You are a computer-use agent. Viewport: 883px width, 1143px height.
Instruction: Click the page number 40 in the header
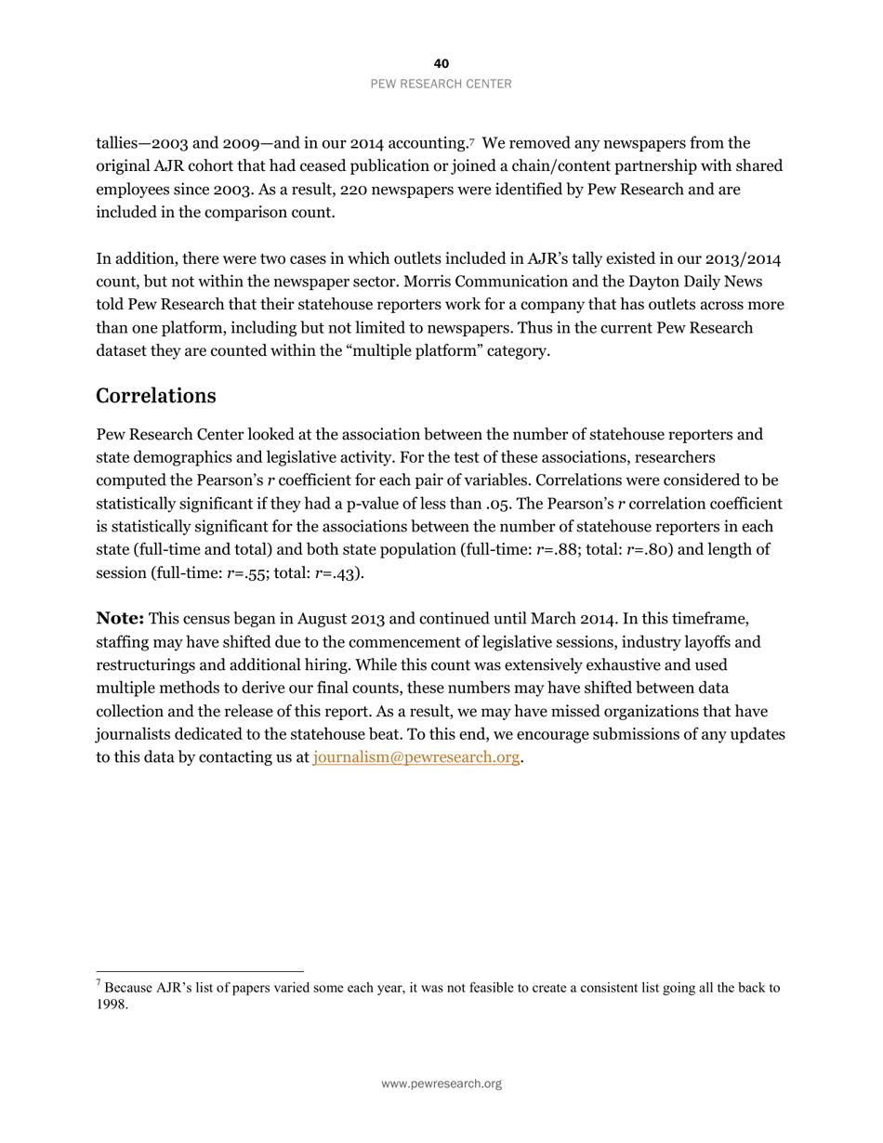441,63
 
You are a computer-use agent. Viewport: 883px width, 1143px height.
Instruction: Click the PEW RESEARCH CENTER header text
441,84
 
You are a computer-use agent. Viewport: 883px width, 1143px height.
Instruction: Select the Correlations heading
156,396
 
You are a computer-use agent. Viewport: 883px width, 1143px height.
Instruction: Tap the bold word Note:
120,619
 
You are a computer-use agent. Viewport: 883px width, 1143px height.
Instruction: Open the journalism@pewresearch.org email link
415,757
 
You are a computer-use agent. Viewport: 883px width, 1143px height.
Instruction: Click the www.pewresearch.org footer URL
441,1084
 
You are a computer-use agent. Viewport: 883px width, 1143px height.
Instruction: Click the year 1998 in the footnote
111,1005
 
